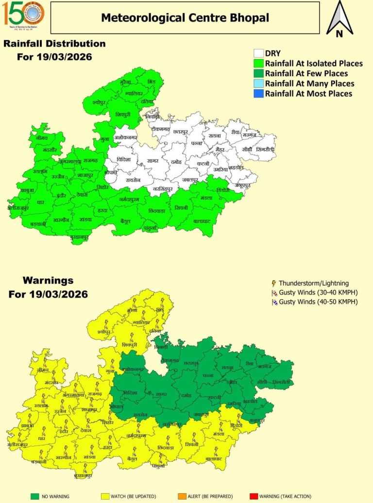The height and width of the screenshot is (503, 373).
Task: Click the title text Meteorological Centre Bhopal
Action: pos(185,18)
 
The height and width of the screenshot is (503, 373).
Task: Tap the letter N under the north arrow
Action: pos(339,34)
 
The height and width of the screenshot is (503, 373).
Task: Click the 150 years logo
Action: pos(23,14)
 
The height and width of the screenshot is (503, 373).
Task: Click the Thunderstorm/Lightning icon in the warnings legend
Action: pos(273,283)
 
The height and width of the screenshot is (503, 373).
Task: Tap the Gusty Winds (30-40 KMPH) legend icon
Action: pos(273,292)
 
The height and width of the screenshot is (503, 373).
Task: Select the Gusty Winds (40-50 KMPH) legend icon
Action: pos(273,302)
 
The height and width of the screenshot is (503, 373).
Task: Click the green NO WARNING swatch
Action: pos(34,496)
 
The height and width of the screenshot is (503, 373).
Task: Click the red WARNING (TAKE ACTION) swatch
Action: pos(253,496)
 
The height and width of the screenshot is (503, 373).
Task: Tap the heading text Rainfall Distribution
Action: pos(54,44)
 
